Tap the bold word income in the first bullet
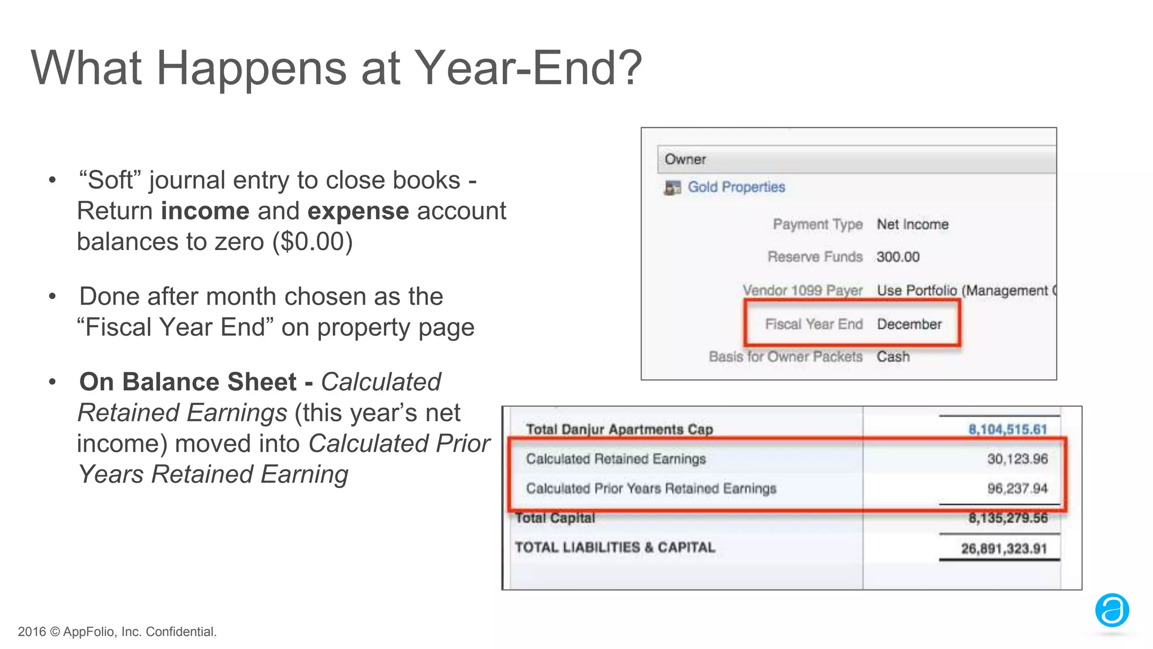205,211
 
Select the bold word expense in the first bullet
358,211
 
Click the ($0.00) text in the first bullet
312,242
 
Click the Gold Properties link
736,187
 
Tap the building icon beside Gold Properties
672,188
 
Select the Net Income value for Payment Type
912,224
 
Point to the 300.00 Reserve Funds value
897,257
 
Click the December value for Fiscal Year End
909,324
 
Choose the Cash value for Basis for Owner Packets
893,357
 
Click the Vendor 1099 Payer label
802,290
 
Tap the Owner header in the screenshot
685,159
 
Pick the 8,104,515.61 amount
1007,429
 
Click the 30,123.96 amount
1017,459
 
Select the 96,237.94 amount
1017,488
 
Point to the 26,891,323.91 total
1004,548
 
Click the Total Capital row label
555,518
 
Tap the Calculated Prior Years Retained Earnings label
651,488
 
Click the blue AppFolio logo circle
1112,610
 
